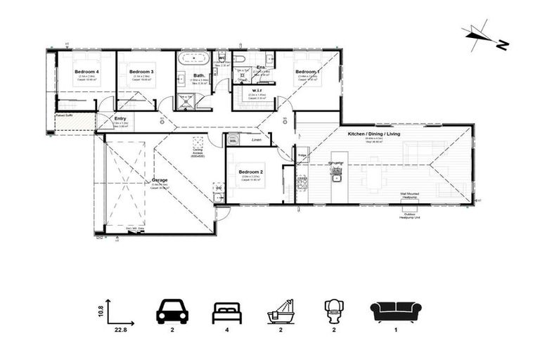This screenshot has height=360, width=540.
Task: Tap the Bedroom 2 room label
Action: click(250, 172)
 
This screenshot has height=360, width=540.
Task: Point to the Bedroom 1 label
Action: click(307, 72)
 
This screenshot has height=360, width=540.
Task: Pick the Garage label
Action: click(160, 180)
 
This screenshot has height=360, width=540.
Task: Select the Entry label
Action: click(120, 118)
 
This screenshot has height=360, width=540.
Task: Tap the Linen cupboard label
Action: click(257, 141)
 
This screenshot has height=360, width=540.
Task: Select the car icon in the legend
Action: click(171, 311)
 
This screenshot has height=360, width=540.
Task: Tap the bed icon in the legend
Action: click(227, 311)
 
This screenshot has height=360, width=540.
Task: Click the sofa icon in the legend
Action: click(395, 311)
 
